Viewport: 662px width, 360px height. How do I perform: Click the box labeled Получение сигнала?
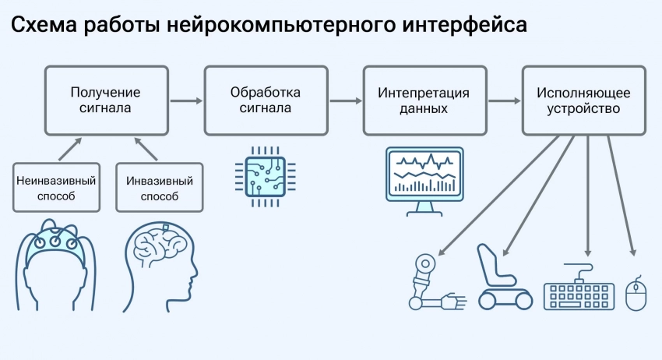[107, 101]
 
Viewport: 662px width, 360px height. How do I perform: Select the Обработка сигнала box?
[266, 101]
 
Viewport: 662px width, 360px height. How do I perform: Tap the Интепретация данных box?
[424, 101]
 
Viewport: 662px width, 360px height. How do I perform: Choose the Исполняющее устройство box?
[584, 101]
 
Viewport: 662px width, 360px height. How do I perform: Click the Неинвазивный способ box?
[56, 187]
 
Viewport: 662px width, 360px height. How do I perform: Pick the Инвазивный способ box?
[160, 187]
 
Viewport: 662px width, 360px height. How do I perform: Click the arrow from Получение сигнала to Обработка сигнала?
[186, 101]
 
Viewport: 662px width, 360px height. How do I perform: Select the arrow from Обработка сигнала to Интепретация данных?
[346, 101]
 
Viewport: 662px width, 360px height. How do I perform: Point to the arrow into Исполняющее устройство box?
[505, 101]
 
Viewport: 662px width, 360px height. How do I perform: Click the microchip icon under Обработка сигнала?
[265, 177]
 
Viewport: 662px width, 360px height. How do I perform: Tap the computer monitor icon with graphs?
[424, 182]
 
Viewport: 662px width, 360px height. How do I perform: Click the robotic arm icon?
[438, 282]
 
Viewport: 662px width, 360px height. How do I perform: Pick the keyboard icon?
[579, 288]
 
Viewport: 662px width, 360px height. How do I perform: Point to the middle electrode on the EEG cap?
[55, 242]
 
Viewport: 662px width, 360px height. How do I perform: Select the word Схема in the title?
[44, 24]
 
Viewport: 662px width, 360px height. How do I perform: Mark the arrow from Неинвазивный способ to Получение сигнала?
[69, 149]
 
